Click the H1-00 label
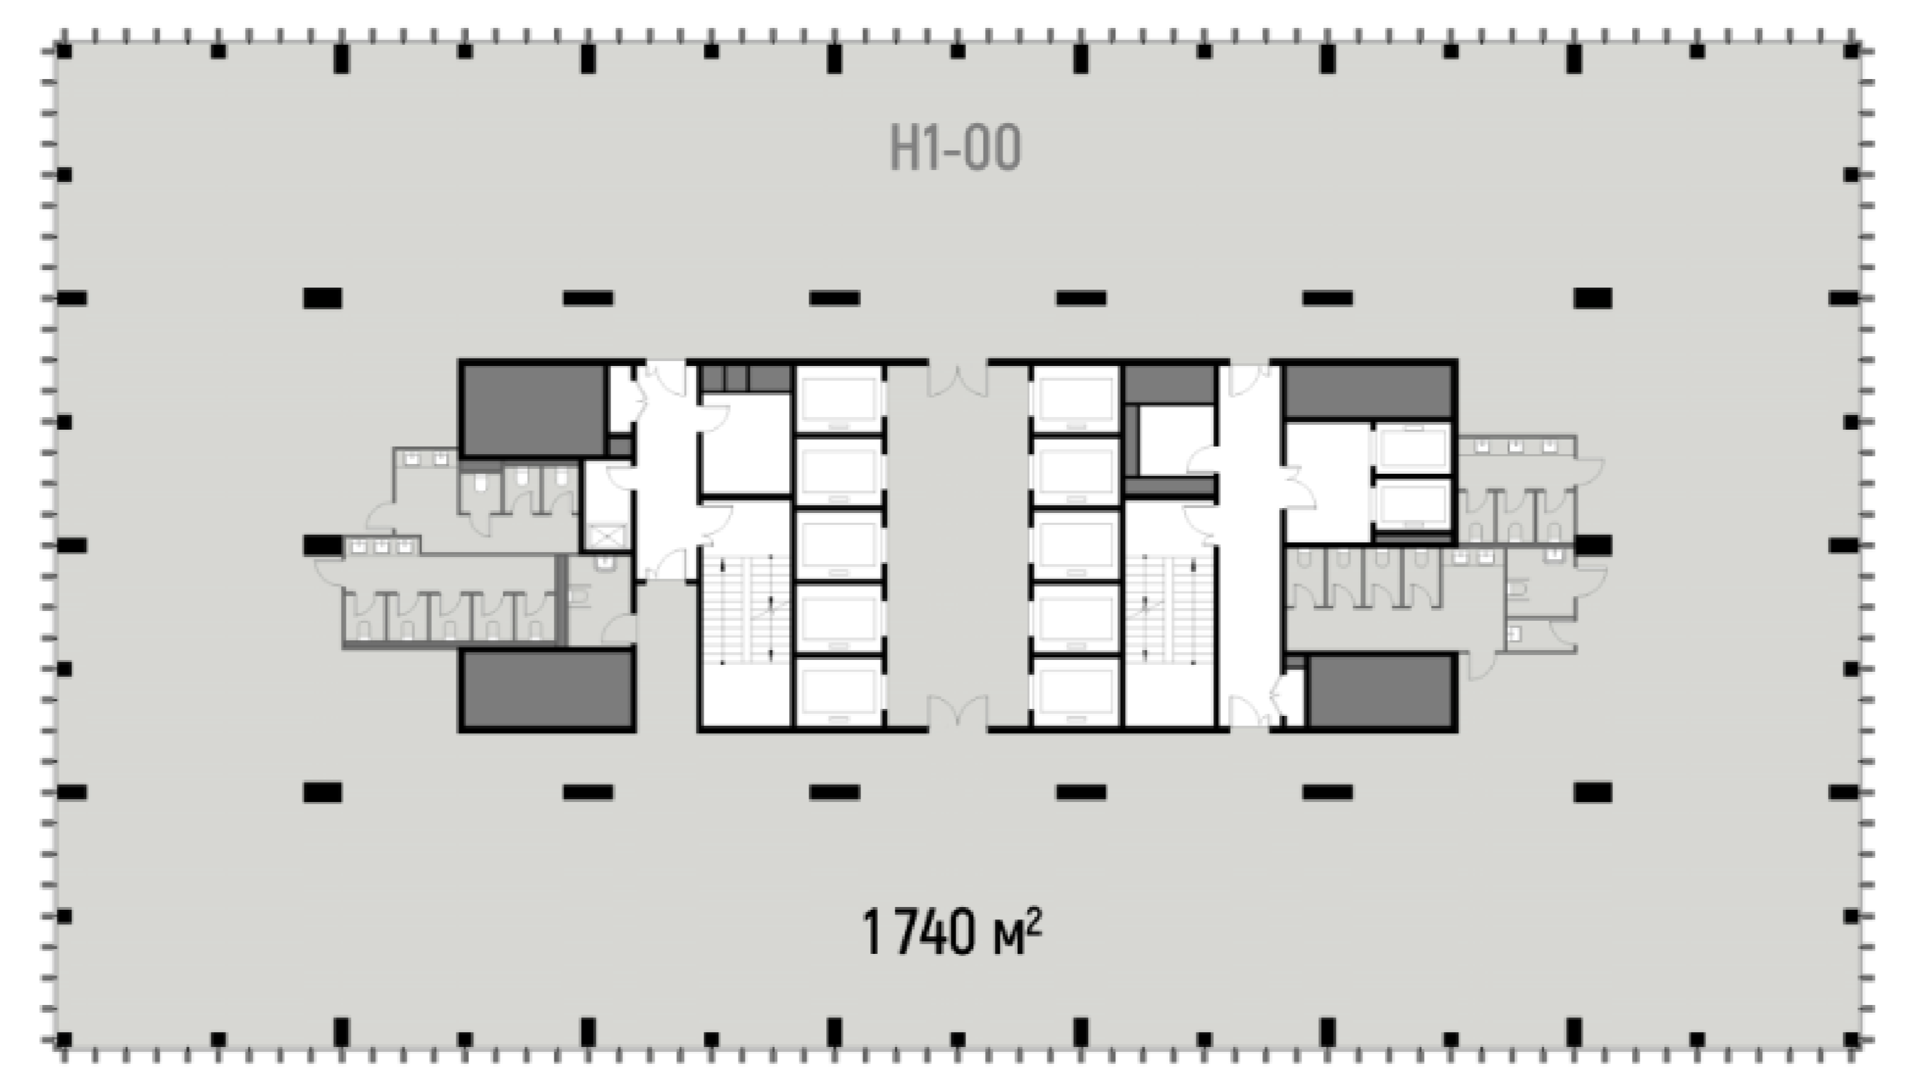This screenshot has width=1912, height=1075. (x=955, y=148)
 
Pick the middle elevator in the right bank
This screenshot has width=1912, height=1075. (x=1075, y=544)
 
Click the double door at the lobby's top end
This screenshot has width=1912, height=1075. (x=958, y=379)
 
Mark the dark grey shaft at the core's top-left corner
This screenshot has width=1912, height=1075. (x=533, y=409)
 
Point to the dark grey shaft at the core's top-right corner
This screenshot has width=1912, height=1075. (x=1368, y=391)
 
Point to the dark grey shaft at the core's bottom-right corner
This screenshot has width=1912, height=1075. (x=1380, y=691)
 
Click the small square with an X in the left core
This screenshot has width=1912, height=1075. (x=607, y=535)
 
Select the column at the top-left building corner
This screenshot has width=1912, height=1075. (x=64, y=51)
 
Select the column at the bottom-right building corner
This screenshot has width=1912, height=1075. (x=1851, y=1039)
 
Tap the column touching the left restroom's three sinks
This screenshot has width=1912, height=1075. (x=323, y=545)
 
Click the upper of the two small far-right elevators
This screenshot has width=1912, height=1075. (x=1414, y=448)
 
